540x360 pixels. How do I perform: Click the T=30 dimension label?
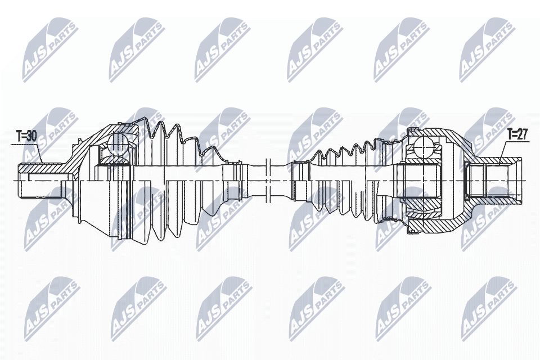(x=26, y=137)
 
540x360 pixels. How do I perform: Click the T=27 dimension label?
(x=517, y=134)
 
